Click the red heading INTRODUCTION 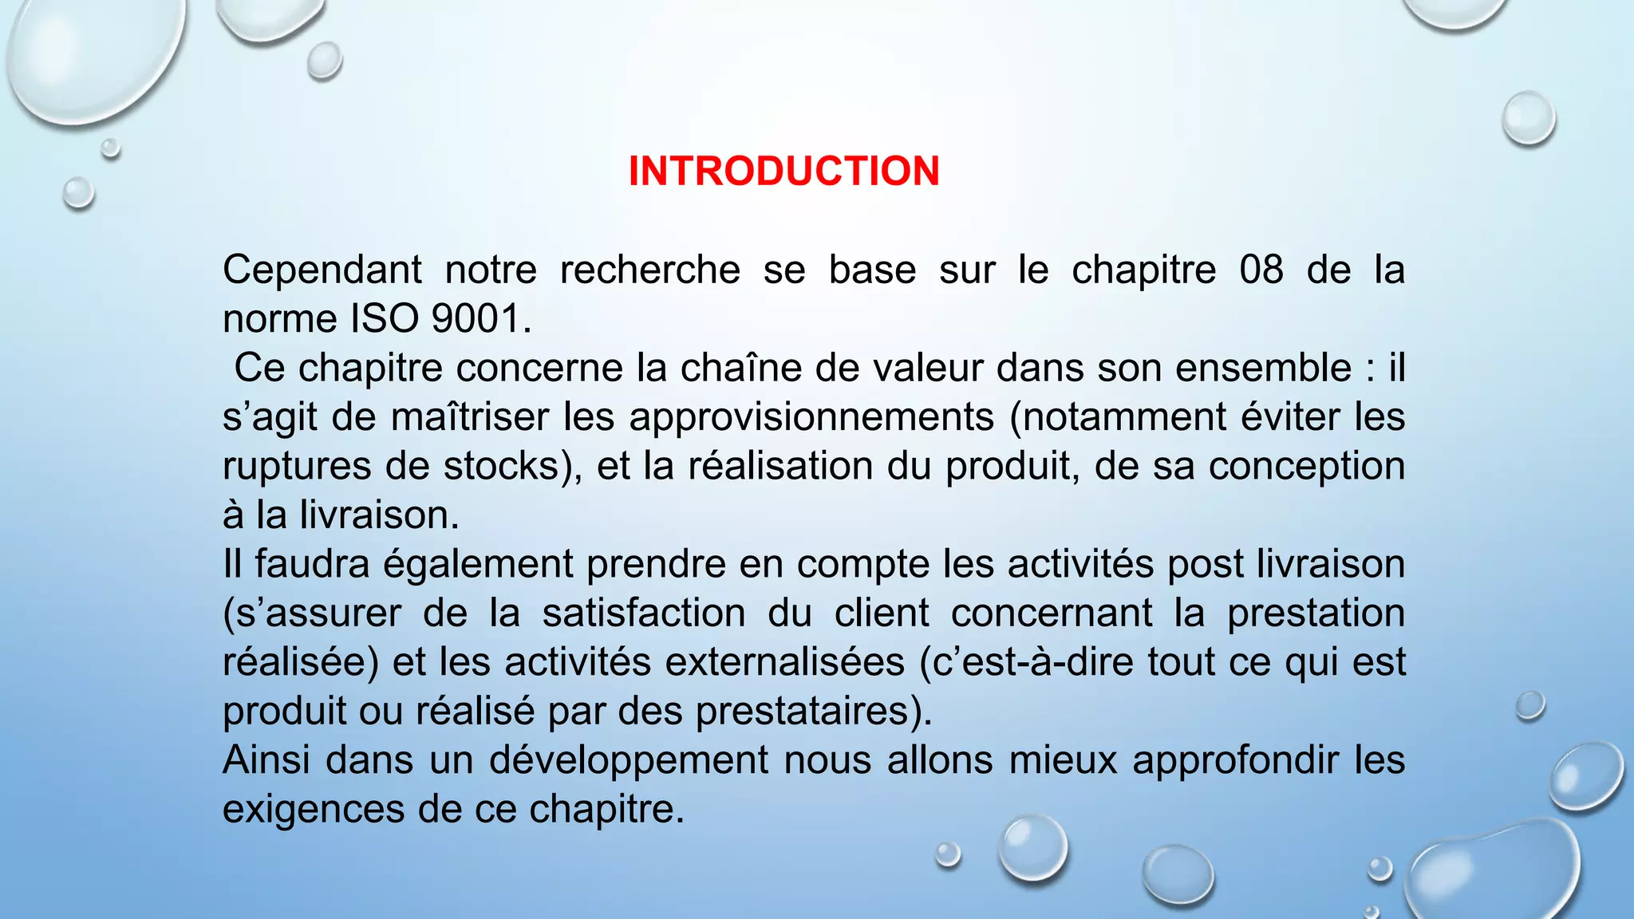(x=783, y=172)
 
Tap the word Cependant (x=322, y=270)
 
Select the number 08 (x=1261, y=270)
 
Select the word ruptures (x=297, y=466)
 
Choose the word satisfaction (x=644, y=613)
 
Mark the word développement (x=629, y=760)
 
